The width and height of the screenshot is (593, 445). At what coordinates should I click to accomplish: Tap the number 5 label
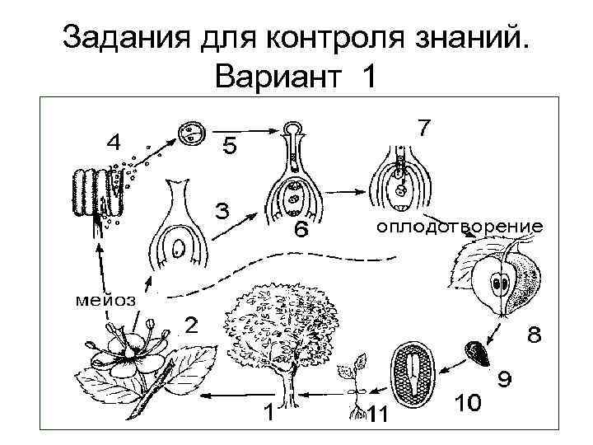[x=229, y=148]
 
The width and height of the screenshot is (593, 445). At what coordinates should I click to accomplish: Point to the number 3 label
[x=222, y=212]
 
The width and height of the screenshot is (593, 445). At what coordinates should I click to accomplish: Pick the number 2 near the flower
[x=190, y=325]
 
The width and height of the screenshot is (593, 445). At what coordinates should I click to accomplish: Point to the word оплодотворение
[x=460, y=225]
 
